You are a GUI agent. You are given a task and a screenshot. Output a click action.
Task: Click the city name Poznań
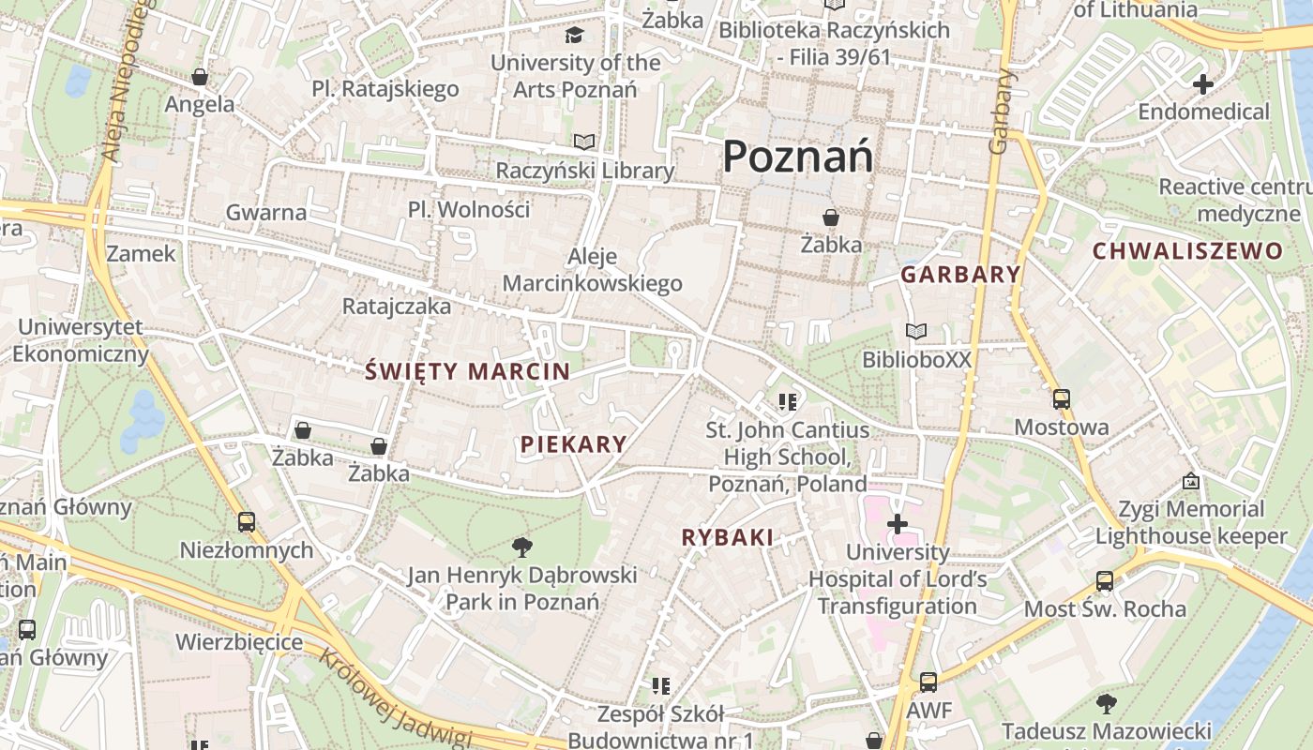(x=798, y=156)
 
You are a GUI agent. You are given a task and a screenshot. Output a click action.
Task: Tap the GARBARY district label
(x=960, y=275)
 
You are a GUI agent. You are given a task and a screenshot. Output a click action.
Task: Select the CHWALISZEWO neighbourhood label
(x=1187, y=250)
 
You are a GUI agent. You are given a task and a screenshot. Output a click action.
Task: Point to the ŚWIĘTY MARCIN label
(x=468, y=371)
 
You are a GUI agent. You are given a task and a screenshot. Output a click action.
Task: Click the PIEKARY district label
(x=573, y=444)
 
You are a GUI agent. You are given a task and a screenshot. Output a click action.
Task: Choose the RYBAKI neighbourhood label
(x=728, y=537)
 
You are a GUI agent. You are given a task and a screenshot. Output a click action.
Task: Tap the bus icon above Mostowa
(x=1061, y=399)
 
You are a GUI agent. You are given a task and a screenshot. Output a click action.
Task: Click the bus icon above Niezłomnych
(x=247, y=521)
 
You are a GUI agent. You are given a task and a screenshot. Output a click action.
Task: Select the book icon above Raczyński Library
(x=584, y=142)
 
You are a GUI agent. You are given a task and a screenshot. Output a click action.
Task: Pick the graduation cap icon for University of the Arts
(x=574, y=36)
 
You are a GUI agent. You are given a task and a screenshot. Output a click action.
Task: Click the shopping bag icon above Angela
(x=199, y=77)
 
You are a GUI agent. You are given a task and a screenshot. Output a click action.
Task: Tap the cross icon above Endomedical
(x=1202, y=84)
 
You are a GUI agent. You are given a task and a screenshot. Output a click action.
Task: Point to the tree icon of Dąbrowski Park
(x=522, y=546)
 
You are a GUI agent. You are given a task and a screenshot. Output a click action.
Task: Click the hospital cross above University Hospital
(x=898, y=523)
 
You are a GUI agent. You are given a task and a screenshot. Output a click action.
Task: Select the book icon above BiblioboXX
(x=916, y=331)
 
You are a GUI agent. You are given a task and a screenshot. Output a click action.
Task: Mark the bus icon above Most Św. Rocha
(x=1105, y=581)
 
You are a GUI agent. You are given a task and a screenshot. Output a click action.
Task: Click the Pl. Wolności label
(x=469, y=209)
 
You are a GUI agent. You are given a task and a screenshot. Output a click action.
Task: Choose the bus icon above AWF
(x=928, y=682)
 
